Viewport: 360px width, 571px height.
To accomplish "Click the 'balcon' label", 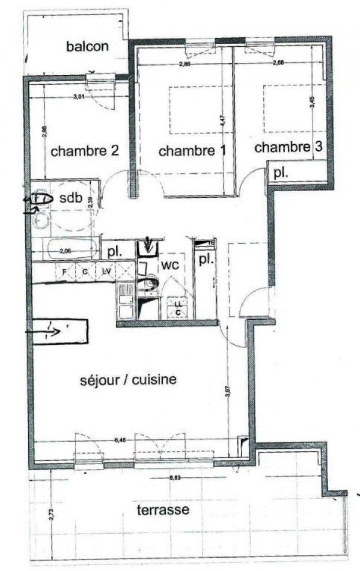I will point(88,47).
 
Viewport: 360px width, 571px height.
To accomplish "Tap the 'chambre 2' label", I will point(84,151).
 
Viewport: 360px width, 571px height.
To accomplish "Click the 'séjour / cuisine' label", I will point(128,380).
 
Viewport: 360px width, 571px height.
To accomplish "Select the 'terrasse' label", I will point(162,510).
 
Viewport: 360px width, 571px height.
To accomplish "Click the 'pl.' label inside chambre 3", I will point(279,173).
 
